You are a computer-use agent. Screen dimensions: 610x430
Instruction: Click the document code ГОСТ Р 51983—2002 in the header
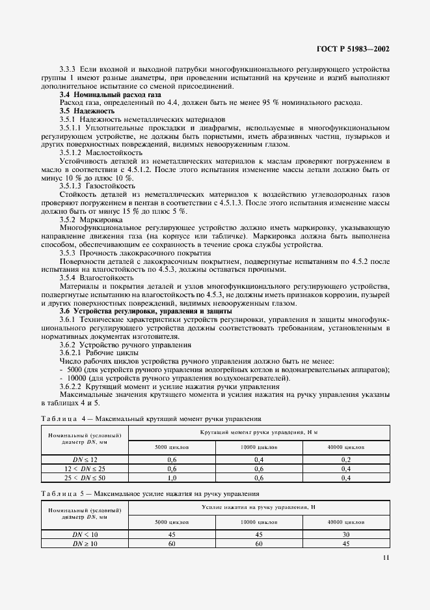point(353,49)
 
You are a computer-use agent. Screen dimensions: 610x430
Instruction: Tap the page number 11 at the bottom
point(384,557)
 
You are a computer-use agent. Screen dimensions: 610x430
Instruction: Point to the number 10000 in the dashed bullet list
point(75,378)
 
